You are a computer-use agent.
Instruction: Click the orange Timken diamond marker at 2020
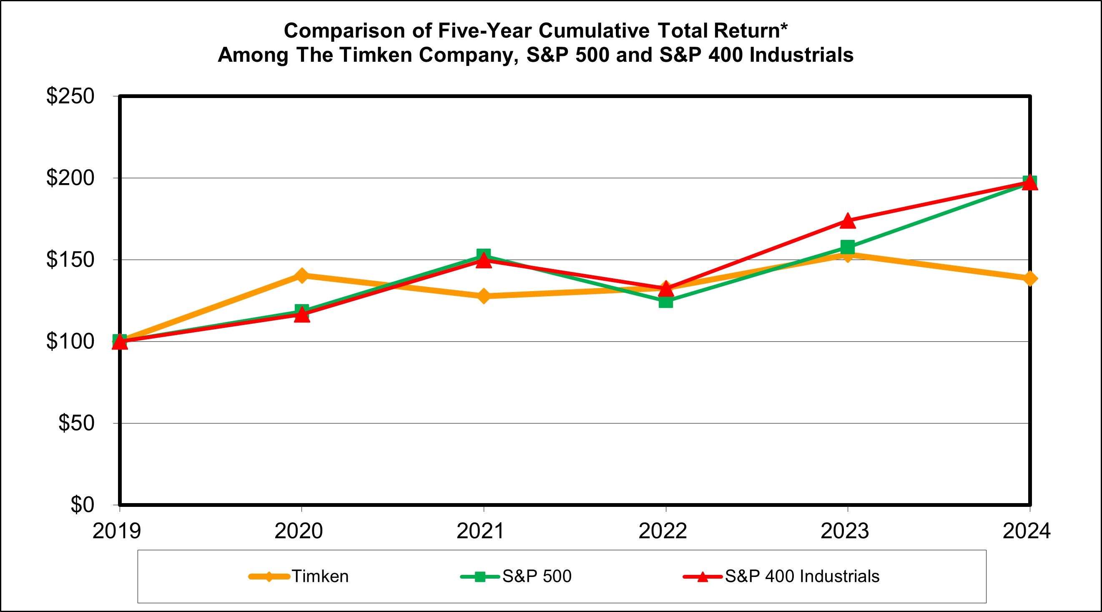[301, 276]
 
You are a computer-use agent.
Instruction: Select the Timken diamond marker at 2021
[483, 296]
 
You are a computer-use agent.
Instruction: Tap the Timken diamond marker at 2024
[1029, 279]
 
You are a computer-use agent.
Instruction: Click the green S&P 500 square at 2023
[848, 247]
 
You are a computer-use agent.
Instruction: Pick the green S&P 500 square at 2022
[665, 301]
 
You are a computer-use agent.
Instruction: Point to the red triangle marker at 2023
[848, 221]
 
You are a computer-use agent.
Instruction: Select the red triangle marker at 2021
[483, 260]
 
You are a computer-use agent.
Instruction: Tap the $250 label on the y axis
[70, 96]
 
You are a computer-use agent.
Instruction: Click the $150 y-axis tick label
[70, 259]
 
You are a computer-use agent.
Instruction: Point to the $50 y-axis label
[76, 423]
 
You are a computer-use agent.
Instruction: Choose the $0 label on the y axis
[82, 505]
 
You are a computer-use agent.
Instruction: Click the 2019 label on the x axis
[116, 531]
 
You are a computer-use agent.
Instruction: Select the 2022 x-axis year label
[662, 531]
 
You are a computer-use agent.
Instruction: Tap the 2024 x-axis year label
[1026, 531]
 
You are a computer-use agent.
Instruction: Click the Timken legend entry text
[320, 577]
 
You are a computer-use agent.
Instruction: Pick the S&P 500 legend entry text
[537, 577]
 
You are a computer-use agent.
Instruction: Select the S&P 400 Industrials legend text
[802, 577]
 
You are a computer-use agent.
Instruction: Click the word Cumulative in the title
[594, 31]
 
